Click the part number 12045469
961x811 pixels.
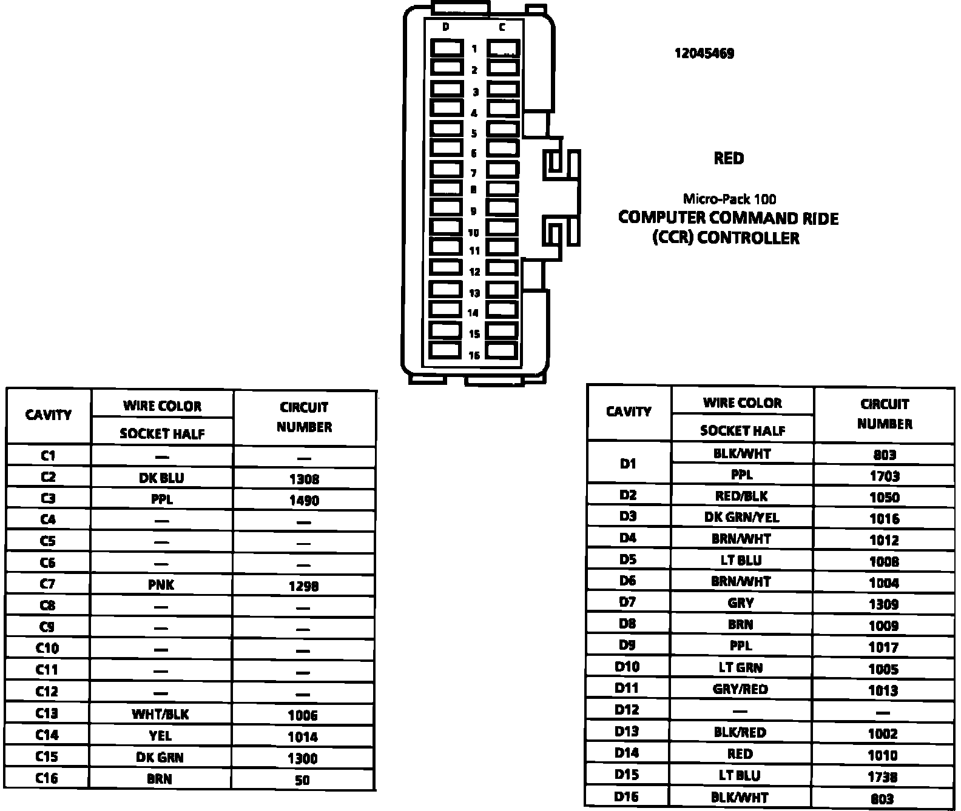tap(704, 53)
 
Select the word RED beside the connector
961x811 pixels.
tap(728, 159)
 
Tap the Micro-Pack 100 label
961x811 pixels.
tap(729, 199)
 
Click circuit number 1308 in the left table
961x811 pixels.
tap(304, 479)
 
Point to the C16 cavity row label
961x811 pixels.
tap(47, 778)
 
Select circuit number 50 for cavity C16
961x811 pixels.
tap(302, 780)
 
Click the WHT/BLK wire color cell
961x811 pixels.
tap(160, 715)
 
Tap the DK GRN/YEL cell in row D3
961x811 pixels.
tap(741, 518)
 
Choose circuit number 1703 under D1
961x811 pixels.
tap(884, 476)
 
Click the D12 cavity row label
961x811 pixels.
tap(627, 710)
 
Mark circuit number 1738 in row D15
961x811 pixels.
tap(882, 777)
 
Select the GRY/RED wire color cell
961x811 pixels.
tap(740, 689)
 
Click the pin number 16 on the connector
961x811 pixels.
tap(474, 355)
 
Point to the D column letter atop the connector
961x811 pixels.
tap(446, 27)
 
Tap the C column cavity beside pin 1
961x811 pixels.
tap(503, 48)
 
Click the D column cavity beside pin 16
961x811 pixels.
tap(446, 350)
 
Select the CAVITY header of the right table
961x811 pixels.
tap(629, 412)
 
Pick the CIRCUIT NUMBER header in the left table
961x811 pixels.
tap(304, 417)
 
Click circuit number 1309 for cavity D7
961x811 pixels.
tap(883, 604)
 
